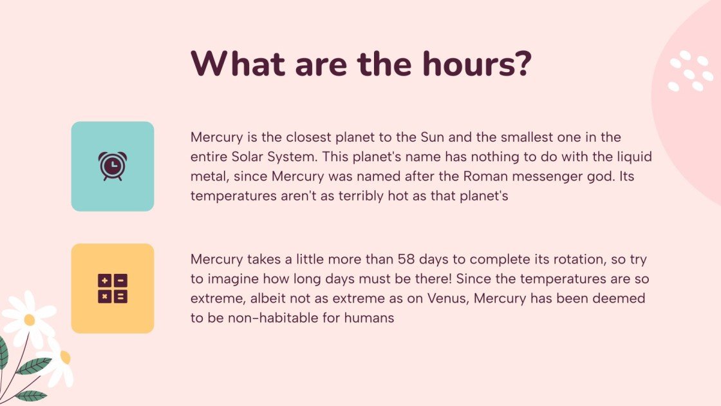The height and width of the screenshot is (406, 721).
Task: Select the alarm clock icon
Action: (112, 166)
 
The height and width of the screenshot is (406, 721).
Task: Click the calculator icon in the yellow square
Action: (112, 288)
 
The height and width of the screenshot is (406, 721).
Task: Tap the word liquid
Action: (635, 157)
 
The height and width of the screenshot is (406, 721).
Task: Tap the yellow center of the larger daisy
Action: (29, 320)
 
